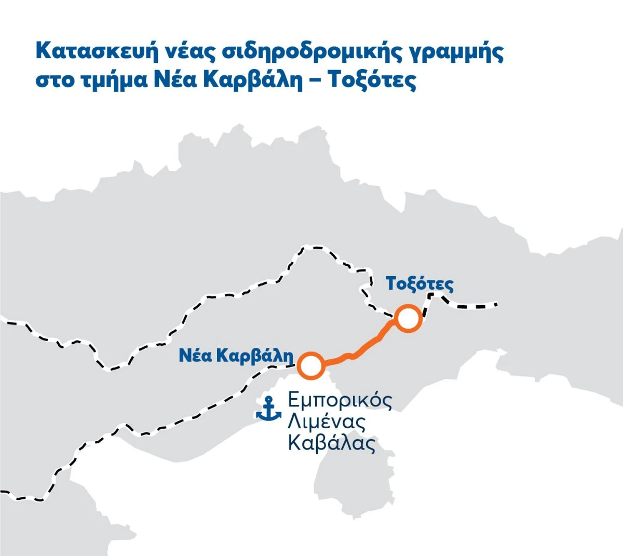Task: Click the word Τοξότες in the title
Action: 373,82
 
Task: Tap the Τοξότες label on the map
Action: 419,284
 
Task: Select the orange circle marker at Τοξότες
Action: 408,318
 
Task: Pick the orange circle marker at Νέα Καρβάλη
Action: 311,365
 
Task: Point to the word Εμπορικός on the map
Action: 340,401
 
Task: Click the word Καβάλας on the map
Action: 331,444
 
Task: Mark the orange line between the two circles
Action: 358,351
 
